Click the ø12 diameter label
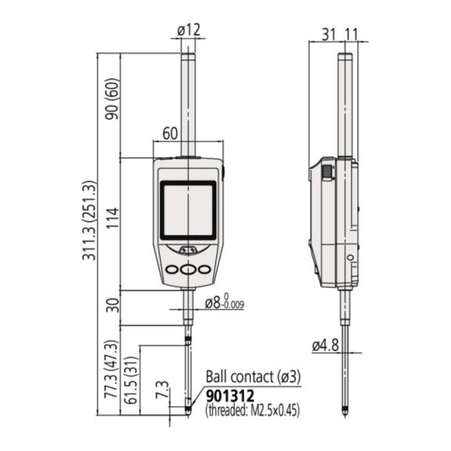tap(189, 31)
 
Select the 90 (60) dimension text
tap(112, 99)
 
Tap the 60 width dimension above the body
tap(170, 134)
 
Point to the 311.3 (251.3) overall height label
tap(88, 221)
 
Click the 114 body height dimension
tap(112, 218)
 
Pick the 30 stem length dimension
tap(112, 305)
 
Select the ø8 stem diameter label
tap(225, 303)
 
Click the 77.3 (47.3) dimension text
tap(111, 369)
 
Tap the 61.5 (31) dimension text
tap(132, 381)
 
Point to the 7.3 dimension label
tap(162, 389)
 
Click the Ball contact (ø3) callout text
tap(254, 377)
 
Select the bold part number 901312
tap(230, 395)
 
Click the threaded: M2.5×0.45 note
tap(253, 410)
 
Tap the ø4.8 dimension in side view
tap(325, 345)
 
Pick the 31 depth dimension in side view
tap(329, 34)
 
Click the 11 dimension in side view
tap(352, 34)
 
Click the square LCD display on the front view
tap(188, 211)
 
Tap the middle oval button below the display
tap(188, 269)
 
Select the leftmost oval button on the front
tap(172, 269)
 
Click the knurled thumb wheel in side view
tap(327, 172)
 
